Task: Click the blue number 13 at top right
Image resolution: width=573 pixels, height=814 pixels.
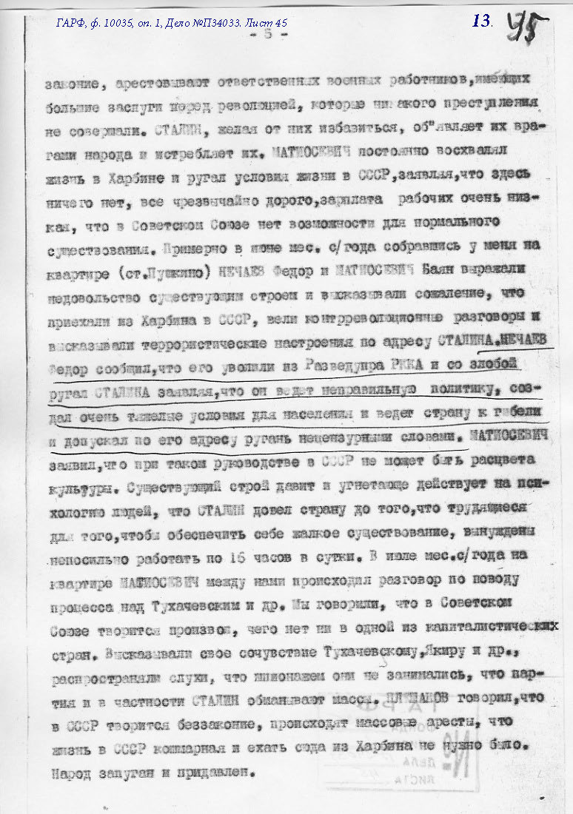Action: (x=481, y=21)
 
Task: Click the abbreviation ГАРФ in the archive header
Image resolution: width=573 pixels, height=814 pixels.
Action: (x=71, y=23)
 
